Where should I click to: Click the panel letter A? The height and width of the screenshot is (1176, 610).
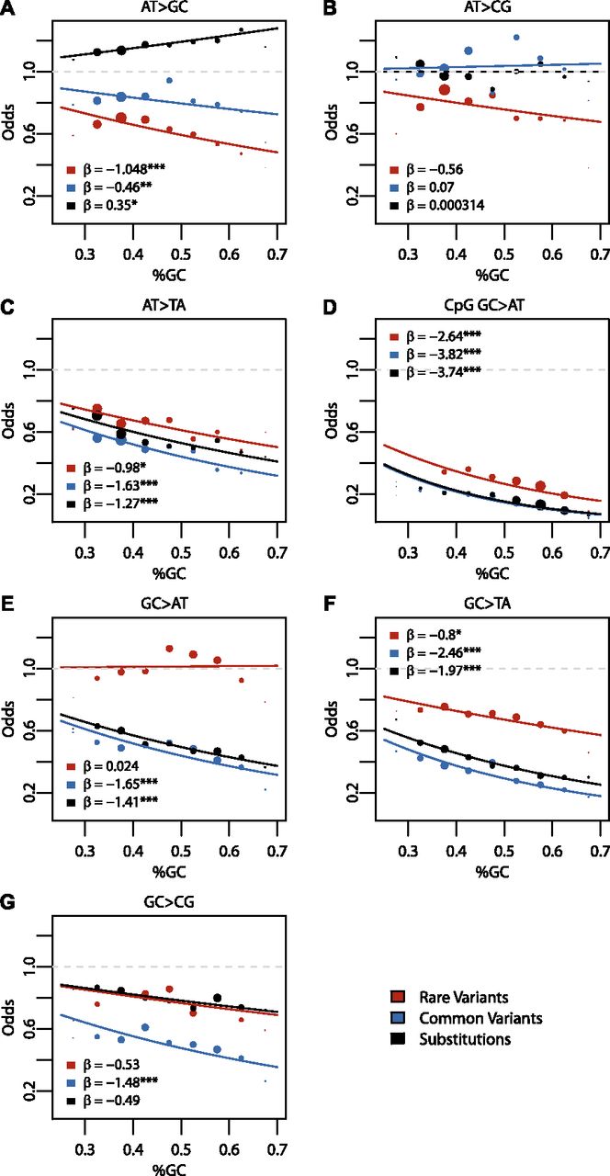tap(8, 9)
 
